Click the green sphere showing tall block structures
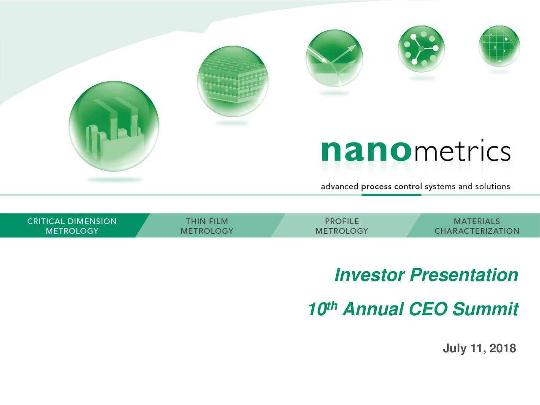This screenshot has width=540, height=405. (x=113, y=126)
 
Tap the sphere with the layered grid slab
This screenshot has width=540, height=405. (x=233, y=81)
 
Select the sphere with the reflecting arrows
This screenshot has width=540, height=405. (x=334, y=58)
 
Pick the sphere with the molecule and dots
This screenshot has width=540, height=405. (x=421, y=49)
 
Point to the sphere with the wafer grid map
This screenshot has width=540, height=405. (x=499, y=46)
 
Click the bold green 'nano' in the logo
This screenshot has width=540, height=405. (x=367, y=151)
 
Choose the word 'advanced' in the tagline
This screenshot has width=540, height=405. (x=340, y=186)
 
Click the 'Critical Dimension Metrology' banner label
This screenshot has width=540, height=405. (x=72, y=226)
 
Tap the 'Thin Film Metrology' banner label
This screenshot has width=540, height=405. (x=207, y=226)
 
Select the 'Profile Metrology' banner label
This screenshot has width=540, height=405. (x=342, y=226)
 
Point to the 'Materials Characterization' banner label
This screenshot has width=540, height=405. (x=477, y=226)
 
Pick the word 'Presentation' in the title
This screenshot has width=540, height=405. (x=464, y=275)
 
